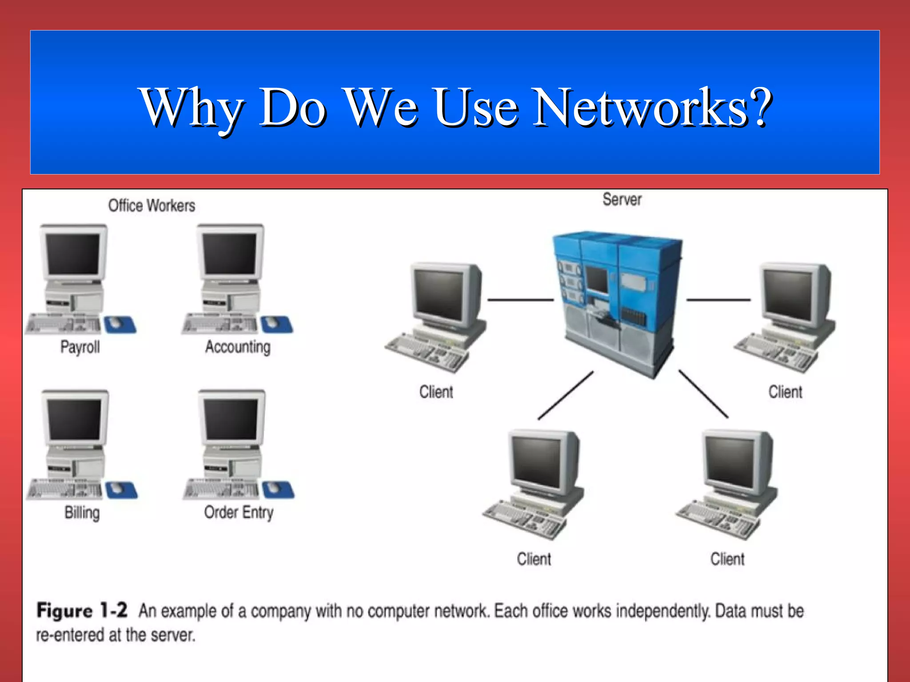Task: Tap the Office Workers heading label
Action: point(152,206)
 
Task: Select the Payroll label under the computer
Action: point(80,347)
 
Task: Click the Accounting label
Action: point(238,347)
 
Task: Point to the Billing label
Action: point(82,512)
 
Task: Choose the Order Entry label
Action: point(239,512)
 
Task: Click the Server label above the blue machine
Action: point(622,200)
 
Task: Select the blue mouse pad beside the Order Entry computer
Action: point(278,490)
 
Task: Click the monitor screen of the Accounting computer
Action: point(230,254)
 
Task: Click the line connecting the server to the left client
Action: point(520,300)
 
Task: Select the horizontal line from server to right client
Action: point(718,300)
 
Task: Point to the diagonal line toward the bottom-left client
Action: point(565,396)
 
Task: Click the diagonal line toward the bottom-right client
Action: point(703,394)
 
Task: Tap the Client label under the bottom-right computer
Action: point(727,559)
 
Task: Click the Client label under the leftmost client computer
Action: point(436,392)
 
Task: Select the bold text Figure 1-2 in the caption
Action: point(82,611)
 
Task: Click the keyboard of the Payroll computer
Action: point(62,324)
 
